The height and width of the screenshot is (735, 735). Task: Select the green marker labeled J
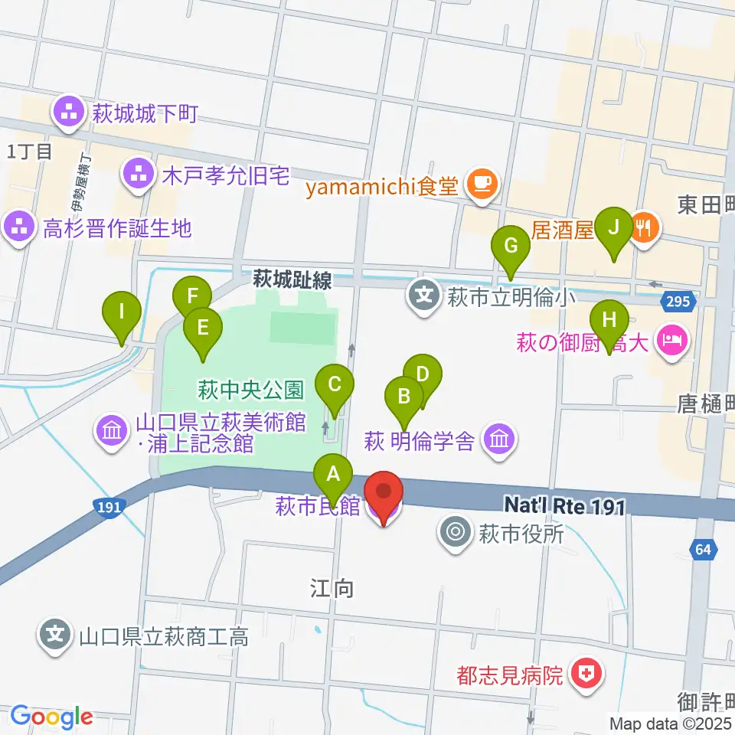point(613,227)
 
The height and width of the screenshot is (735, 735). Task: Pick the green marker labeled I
point(122,312)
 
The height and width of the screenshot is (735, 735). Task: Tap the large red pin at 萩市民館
point(384,494)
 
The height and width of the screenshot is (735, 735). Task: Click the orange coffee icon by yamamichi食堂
point(481,185)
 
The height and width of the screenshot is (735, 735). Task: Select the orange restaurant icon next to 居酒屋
point(643,227)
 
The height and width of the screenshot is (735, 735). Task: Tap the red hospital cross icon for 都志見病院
point(589,674)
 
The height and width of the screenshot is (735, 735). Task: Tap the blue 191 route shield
point(106,506)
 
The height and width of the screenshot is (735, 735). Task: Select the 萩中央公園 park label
point(251,390)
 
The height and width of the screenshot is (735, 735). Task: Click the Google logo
point(51,717)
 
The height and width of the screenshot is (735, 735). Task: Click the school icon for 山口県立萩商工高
point(55,635)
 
